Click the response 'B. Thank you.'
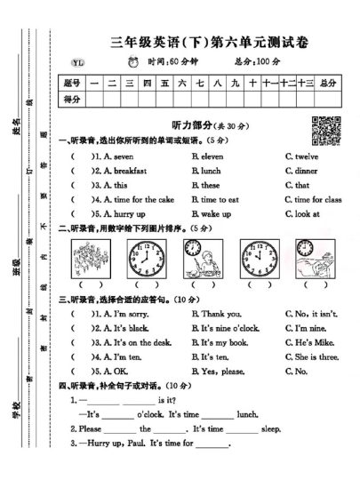pos(214,314)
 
